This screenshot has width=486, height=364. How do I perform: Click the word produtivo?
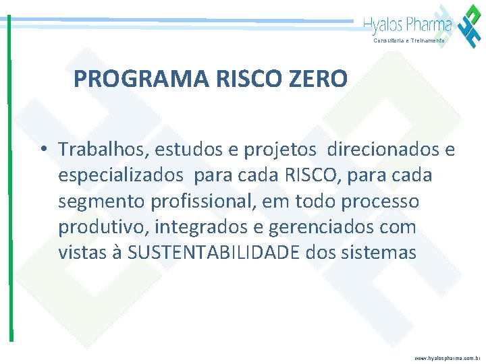click(x=100, y=228)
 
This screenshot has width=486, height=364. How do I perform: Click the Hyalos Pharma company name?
click(x=407, y=26)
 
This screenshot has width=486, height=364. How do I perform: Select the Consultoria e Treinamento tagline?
click(x=409, y=40)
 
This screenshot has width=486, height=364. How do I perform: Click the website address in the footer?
click(x=448, y=358)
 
